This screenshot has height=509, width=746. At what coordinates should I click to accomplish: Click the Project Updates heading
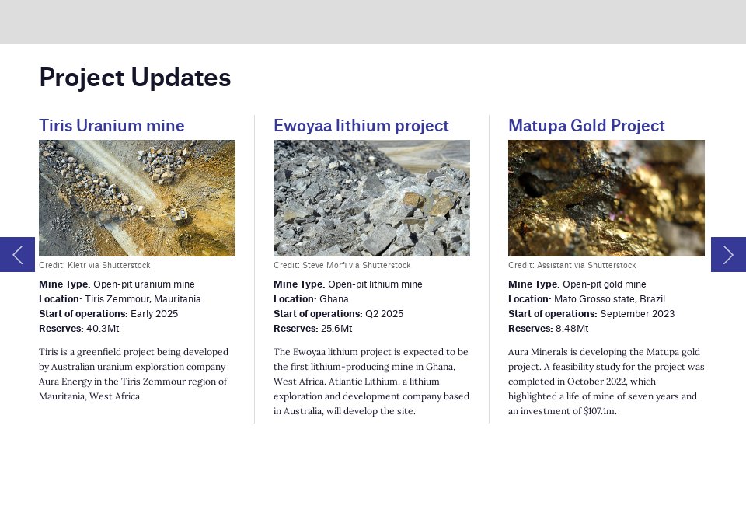pos(135,78)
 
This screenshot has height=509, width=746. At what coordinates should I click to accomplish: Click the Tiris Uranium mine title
pos(112,126)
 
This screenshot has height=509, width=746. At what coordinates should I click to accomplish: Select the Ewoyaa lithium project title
pos(361,126)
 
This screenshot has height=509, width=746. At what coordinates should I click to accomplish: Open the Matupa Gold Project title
pos(587,126)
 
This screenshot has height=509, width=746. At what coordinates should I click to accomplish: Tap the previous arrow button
pos(17,254)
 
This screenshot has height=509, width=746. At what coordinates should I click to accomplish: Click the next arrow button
pos(728,254)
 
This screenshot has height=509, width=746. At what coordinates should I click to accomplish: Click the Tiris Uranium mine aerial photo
pos(137,198)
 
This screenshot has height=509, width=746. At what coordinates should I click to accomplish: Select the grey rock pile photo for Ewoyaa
pos(371,198)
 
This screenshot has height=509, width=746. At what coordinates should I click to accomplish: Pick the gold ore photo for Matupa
pos(606,198)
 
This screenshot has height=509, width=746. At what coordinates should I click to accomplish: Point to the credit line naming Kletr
pos(95,266)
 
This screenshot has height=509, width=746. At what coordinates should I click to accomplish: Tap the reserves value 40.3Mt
pos(108,329)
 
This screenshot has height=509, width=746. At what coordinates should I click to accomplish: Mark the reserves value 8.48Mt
pos(572,329)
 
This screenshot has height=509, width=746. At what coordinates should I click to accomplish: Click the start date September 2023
pos(637,314)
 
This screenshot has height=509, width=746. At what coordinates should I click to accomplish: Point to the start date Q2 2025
pos(384,314)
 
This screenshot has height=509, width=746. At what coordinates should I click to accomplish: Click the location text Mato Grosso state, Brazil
pos(609,299)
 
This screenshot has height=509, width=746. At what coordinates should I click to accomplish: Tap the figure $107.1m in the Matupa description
pos(600,411)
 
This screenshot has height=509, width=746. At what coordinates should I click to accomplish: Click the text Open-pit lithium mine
pos(375,284)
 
